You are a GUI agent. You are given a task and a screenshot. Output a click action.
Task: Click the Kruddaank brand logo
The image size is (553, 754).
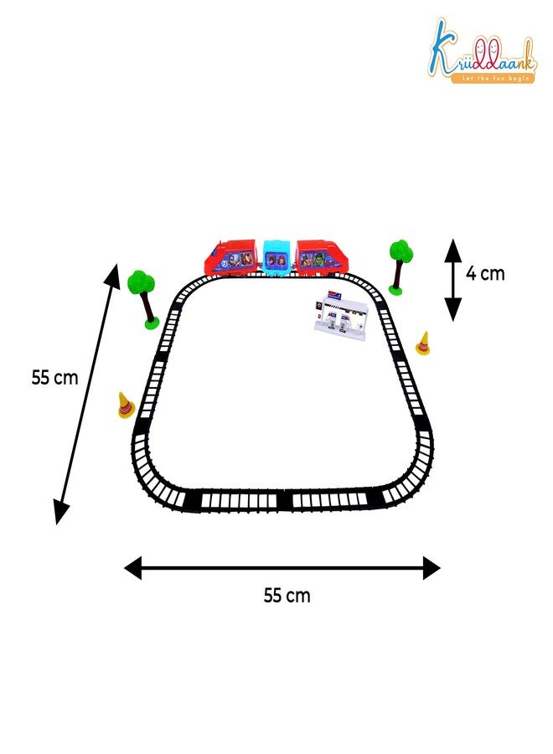point(482,51)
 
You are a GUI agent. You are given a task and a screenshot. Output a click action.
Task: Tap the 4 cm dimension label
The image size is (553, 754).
point(485,274)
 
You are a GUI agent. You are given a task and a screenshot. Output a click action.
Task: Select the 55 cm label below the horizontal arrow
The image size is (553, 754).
point(287,596)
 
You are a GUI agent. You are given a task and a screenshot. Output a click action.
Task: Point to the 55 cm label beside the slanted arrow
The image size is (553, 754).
point(54,378)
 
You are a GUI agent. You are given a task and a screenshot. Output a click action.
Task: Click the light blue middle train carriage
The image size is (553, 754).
point(278,258)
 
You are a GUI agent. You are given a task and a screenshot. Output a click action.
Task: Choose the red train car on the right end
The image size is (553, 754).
point(321,258)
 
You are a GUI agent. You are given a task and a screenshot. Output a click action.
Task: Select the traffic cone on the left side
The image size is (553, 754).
point(126,405)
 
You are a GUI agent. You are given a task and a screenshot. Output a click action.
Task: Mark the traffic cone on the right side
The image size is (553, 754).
point(423,343)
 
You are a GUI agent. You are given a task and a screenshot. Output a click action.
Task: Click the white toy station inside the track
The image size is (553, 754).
point(340,316)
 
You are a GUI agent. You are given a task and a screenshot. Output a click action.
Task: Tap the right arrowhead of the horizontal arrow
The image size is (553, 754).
point(432,568)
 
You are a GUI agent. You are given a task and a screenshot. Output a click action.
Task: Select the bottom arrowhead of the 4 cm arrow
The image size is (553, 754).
point(452,309)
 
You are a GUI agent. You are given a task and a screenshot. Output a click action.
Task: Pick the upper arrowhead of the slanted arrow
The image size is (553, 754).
point(113,276)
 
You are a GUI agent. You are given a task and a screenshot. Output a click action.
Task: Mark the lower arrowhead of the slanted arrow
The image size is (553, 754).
point(61,511)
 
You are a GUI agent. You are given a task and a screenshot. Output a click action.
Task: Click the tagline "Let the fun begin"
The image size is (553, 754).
point(495,78)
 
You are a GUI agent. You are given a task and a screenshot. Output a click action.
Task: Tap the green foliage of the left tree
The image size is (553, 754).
point(141,282)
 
